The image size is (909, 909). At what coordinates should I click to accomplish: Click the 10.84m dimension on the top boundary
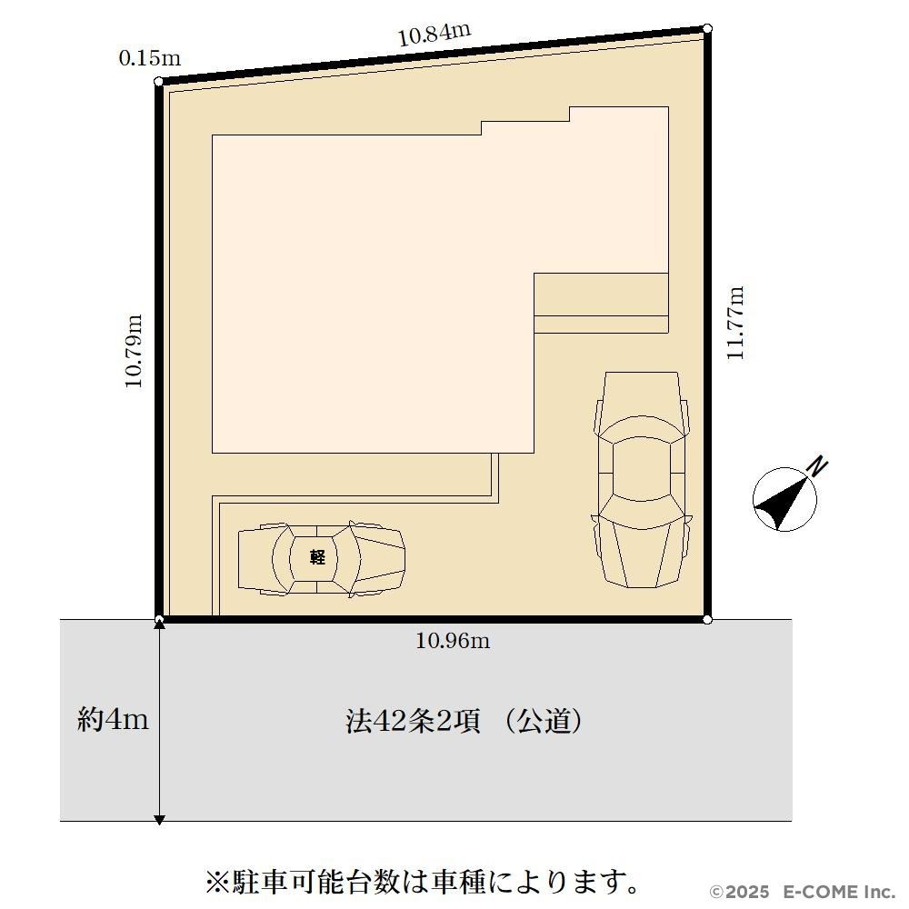[x=434, y=35]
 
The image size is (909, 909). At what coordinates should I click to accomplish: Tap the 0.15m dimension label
[x=150, y=58]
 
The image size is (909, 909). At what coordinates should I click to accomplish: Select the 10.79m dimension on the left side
[x=134, y=351]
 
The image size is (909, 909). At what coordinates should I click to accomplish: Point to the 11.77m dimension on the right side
[x=735, y=323]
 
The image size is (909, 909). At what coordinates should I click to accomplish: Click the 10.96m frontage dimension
[x=453, y=641]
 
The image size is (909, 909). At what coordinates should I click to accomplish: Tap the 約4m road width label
[x=113, y=719]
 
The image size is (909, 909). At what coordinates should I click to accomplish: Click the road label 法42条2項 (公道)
[x=464, y=722]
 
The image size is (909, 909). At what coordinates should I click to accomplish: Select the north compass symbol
[x=785, y=499]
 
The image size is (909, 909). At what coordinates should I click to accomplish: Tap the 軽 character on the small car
[x=317, y=557]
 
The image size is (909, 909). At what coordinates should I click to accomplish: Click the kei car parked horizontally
[x=322, y=559]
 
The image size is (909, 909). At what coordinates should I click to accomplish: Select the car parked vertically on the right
[x=642, y=479]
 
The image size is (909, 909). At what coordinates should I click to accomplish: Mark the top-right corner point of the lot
[x=707, y=28]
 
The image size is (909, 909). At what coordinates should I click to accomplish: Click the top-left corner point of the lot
[x=159, y=82]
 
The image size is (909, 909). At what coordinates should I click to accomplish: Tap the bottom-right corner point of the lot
[x=707, y=620]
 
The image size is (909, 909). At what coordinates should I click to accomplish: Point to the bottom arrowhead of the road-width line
[x=159, y=819]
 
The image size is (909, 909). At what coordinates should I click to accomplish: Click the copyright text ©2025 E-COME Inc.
[x=803, y=891]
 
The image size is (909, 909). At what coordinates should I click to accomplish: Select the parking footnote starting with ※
[x=423, y=882]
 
